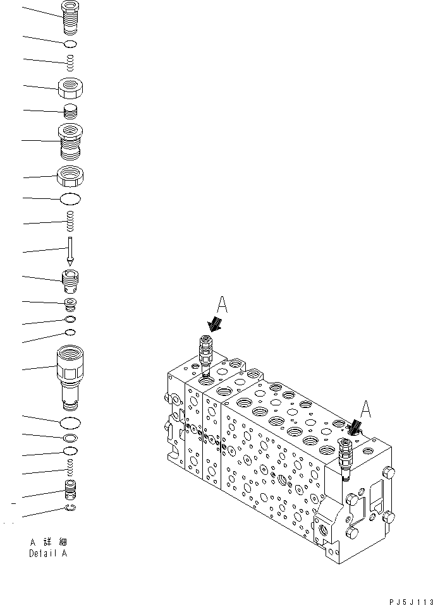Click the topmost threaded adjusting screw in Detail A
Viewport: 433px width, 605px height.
pyautogui.click(x=71, y=16)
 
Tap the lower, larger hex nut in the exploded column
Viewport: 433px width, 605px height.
pyautogui.click(x=71, y=176)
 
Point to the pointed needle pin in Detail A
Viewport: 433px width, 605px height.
pyautogui.click(x=71, y=251)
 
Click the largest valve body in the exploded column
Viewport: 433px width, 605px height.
pyautogui.click(x=71, y=376)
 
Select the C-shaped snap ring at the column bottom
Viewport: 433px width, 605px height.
pyautogui.click(x=71, y=510)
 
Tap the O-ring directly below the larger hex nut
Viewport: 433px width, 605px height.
pyautogui.click(x=71, y=200)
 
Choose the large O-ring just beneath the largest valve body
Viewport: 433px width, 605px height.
pyautogui.click(x=71, y=422)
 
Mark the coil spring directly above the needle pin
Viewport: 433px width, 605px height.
pyautogui.click(x=71, y=222)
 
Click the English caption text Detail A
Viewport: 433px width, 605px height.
pyautogui.click(x=48, y=554)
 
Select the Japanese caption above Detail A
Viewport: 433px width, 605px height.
pyautogui.click(x=48, y=542)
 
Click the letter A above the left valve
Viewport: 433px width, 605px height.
pyautogui.click(x=221, y=305)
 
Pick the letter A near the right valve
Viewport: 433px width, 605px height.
pyautogui.click(x=365, y=410)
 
